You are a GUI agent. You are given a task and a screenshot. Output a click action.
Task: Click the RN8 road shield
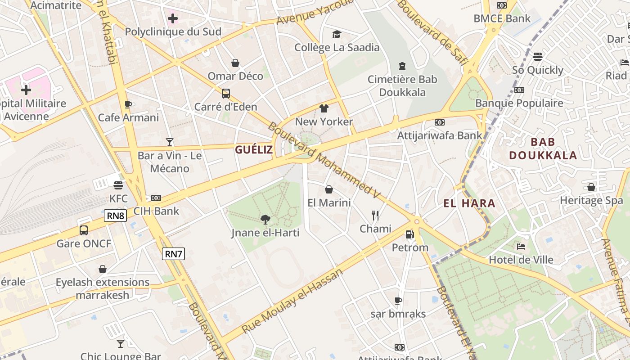pyautogui.click(x=116, y=216)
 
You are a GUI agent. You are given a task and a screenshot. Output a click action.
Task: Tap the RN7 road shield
pyautogui.click(x=173, y=254)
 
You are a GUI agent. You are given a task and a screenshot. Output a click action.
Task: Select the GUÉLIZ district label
pyautogui.click(x=254, y=150)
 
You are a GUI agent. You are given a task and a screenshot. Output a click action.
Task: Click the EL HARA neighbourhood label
pyautogui.click(x=469, y=203)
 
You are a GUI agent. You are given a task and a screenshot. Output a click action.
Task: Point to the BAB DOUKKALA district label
pyautogui.click(x=543, y=149)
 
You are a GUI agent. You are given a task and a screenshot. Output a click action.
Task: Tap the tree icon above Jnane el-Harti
pyautogui.click(x=265, y=220)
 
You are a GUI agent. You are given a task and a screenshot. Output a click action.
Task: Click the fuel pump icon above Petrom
pyautogui.click(x=409, y=234)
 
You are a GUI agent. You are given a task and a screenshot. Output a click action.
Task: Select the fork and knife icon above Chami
pyautogui.click(x=375, y=216)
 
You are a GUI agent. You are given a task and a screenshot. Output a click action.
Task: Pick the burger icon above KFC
pyautogui.click(x=118, y=185)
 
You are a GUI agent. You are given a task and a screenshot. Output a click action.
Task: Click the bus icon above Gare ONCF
pyautogui.click(x=84, y=230)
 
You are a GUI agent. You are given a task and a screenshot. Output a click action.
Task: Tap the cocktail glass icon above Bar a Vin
pyautogui.click(x=169, y=142)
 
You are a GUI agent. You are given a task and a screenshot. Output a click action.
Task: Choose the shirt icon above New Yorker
pyautogui.click(x=324, y=108)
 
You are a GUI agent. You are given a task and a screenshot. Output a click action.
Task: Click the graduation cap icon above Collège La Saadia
pyautogui.click(x=337, y=34)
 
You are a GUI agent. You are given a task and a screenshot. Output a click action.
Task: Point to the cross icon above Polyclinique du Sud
pyautogui.click(x=173, y=18)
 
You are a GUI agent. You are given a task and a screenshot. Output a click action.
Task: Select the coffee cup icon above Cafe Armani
pyautogui.click(x=128, y=105)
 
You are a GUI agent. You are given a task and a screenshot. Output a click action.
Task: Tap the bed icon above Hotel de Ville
pyautogui.click(x=521, y=247)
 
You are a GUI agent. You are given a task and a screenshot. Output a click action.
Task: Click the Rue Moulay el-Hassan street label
pyautogui.click(x=292, y=301)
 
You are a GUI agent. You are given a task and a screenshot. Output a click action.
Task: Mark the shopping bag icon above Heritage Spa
pyautogui.click(x=591, y=187)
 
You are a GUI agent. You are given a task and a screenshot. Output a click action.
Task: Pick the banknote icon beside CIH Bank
pyautogui.click(x=156, y=198)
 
